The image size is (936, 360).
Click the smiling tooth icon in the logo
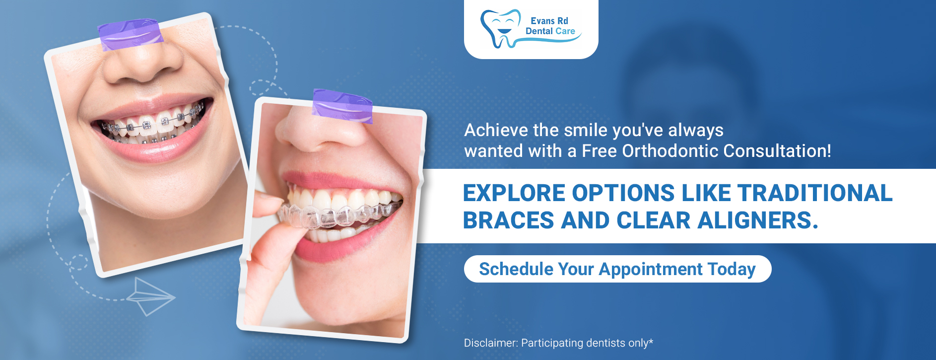[499, 29]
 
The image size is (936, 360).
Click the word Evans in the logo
[542, 21]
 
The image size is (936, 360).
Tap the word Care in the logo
[565, 31]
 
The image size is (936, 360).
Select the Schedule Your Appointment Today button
[617, 269]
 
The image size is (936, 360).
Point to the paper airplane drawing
[150, 296]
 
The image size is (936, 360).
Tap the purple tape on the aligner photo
[342, 105]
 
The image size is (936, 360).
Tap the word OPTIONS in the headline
[623, 193]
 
